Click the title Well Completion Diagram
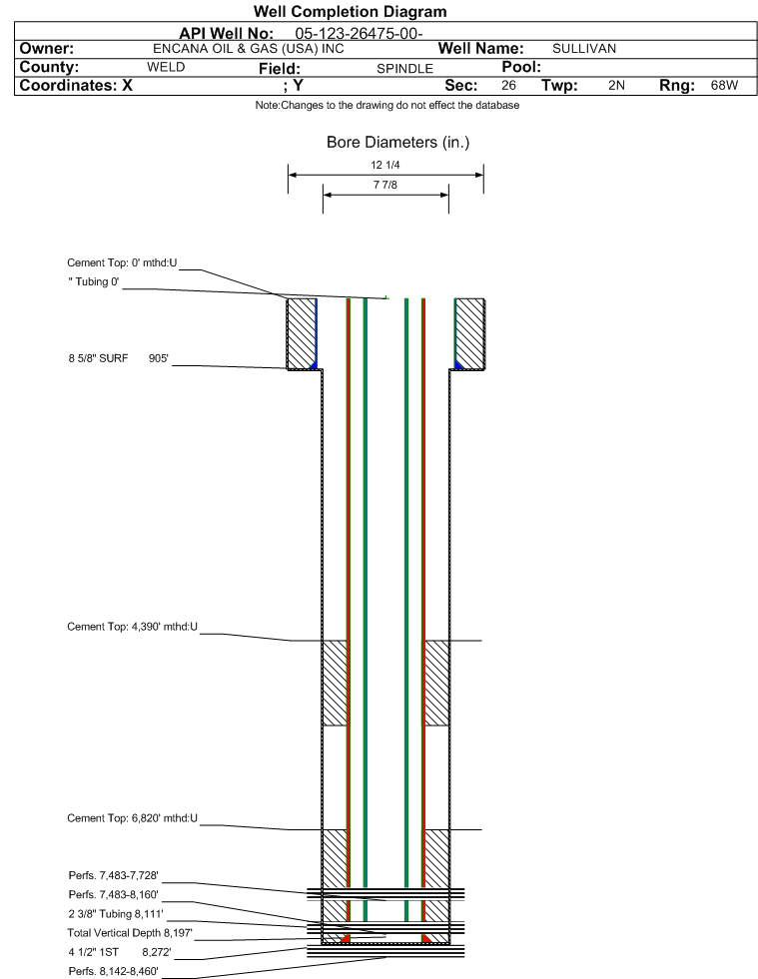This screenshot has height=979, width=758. point(350,11)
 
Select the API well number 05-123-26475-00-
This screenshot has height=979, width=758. point(359,33)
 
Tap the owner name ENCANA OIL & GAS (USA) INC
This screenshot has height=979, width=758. point(249,49)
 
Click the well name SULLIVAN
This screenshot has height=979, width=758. point(584,49)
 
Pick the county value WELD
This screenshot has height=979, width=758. point(166,67)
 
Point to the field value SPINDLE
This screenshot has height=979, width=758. point(404,69)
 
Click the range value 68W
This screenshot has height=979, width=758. point(724,85)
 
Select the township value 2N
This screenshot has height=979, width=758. point(617,85)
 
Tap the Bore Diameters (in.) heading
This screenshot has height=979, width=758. point(398,143)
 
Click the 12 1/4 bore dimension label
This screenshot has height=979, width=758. point(384,165)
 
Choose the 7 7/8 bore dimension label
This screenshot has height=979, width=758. point(384,185)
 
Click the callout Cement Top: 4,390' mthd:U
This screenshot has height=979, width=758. point(133,627)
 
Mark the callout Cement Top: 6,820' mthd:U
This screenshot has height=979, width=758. point(133,818)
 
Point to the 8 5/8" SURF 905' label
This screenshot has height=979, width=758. point(119,358)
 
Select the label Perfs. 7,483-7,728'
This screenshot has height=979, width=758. point(114,876)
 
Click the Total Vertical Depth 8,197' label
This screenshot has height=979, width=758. point(130,933)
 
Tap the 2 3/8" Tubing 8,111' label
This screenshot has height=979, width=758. point(116,914)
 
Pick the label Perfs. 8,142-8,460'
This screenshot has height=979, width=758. point(114,971)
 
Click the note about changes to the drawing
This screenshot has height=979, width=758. point(387,106)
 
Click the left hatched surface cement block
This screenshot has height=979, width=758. point(302,334)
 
